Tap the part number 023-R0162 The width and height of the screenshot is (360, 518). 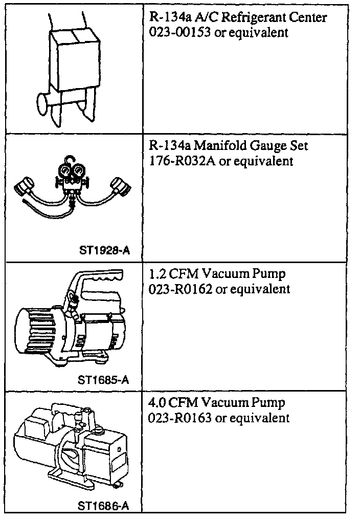(174, 290)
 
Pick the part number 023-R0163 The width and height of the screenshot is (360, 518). (174, 418)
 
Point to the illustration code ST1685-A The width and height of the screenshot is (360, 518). (103, 380)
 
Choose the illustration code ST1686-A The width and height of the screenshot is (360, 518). (103, 507)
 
